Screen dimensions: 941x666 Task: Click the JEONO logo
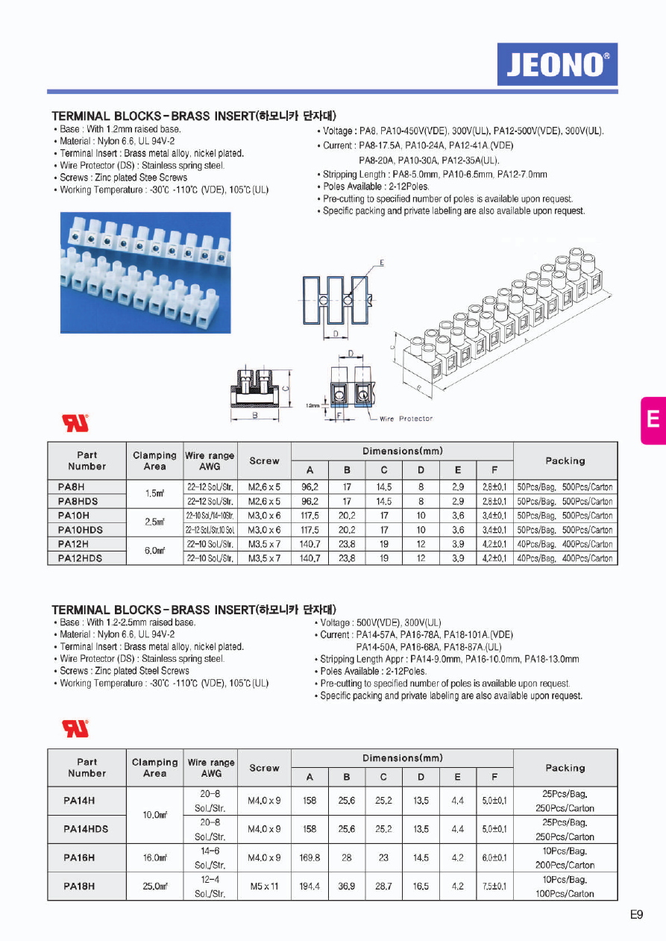coord(557,64)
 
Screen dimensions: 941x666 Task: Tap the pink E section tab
coord(653,419)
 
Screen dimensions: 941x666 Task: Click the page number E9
coord(636,914)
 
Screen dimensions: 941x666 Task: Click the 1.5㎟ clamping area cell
coord(154,494)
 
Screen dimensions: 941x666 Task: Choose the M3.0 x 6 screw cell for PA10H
coord(264,516)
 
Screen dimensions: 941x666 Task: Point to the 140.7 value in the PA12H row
coord(310,544)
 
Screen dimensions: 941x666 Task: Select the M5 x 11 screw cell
coord(264,887)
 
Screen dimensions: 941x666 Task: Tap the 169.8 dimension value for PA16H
coord(310,858)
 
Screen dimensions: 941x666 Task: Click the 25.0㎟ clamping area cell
coord(154,887)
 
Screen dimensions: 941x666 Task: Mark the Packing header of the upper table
coord(565,461)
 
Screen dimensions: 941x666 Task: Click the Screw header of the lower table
coord(264,768)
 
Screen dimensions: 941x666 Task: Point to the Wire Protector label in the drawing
coord(406,419)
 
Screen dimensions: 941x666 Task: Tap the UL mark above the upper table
coord(75,422)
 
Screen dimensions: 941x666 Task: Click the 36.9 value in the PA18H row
coord(346,887)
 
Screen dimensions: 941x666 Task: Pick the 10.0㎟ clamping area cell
coord(154,815)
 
